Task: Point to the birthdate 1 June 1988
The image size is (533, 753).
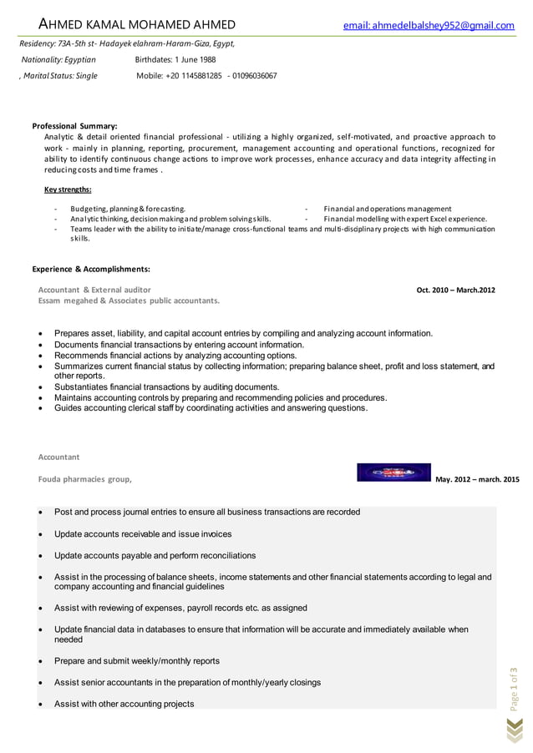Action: pos(175,59)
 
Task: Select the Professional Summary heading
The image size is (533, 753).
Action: pos(74,125)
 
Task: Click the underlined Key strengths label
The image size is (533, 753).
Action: pos(68,190)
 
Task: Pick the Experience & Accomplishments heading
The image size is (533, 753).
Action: pos(91,269)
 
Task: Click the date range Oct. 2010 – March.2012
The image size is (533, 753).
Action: pos(455,290)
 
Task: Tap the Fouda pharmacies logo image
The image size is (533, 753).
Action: pos(393,473)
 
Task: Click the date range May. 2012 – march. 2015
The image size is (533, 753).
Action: pos(477,479)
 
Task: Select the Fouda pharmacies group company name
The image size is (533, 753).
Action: pos(84,479)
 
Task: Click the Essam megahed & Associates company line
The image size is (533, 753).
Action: pos(129,300)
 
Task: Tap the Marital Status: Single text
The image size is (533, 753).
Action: pos(58,75)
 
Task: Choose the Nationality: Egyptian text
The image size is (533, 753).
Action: pos(58,59)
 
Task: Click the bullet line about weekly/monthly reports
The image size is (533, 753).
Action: pos(137,661)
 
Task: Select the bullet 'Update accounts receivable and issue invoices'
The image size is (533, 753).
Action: pos(143,533)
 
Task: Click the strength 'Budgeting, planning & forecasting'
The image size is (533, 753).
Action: pos(128,209)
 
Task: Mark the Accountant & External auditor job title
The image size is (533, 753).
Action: pos(94,290)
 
